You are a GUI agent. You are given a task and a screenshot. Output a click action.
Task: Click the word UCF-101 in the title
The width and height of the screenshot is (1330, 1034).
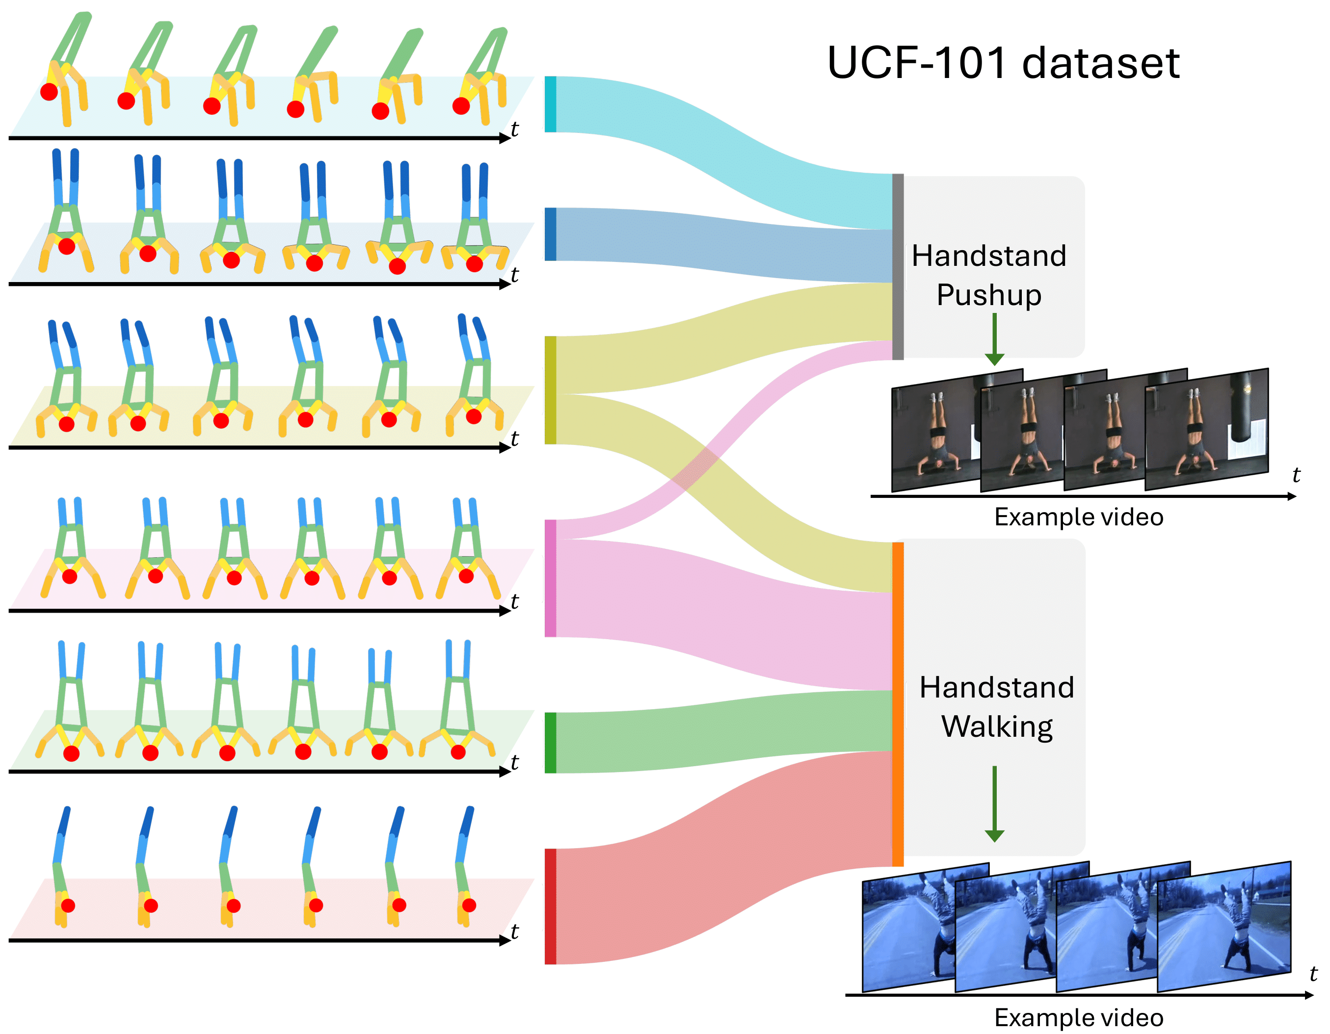pos(916,63)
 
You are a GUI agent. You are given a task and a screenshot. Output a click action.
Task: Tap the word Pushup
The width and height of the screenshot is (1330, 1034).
pos(989,295)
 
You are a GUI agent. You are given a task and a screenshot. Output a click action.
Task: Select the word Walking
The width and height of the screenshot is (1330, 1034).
pos(997,726)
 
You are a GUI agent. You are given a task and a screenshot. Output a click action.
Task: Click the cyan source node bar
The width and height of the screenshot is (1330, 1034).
pos(550,104)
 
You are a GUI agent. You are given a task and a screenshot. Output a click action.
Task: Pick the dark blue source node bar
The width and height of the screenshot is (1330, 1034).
pos(550,234)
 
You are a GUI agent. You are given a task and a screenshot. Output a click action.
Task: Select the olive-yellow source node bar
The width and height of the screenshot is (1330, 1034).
pos(550,389)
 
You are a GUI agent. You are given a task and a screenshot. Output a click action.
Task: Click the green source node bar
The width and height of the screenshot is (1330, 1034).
pos(550,743)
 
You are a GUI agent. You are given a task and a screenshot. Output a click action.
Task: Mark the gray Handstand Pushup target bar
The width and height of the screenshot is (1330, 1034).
pos(898,266)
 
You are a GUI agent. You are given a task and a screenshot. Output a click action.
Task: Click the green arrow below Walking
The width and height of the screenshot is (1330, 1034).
pos(994,803)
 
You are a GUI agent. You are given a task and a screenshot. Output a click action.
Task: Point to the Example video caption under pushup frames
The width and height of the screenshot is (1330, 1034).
pos(1079,517)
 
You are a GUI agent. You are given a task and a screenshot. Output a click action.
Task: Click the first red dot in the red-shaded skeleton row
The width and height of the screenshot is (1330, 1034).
pos(68,905)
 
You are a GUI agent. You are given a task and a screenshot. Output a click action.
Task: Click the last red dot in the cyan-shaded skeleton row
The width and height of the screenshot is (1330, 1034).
pos(461,106)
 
